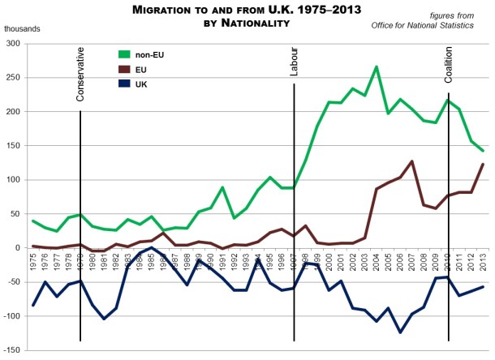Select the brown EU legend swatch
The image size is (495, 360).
125,71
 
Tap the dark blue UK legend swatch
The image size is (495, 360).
125,84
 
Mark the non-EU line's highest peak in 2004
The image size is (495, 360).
377,66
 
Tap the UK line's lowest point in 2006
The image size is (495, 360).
400,332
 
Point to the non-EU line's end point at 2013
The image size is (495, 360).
482,151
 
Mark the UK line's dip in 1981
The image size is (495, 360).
105,319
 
